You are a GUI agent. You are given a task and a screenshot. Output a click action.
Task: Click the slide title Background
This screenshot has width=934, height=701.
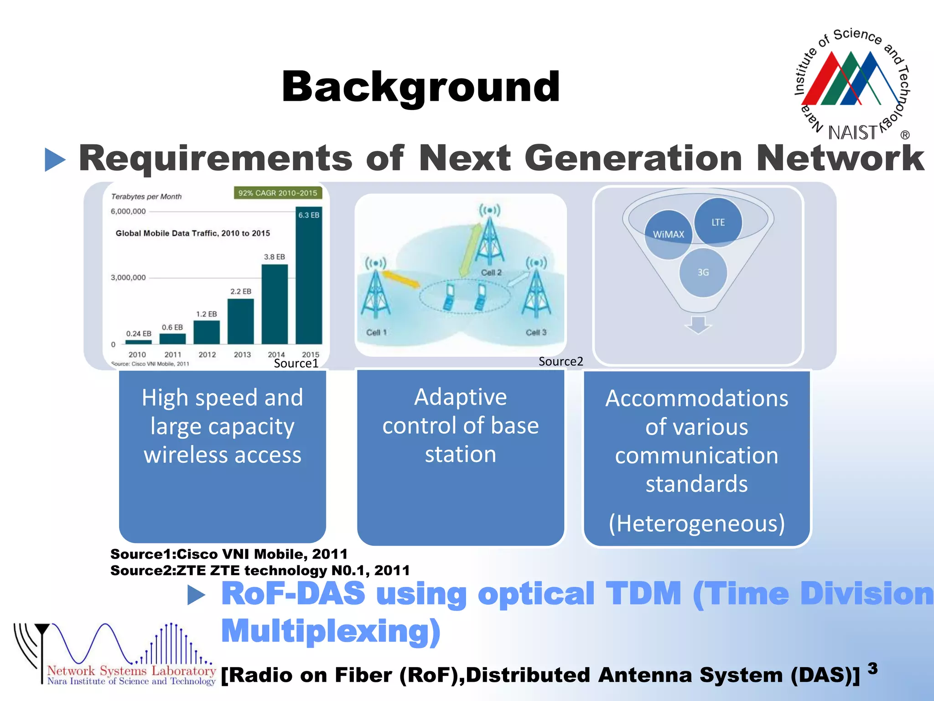tap(420, 87)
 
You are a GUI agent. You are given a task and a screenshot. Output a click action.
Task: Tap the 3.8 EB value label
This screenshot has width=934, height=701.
tap(274, 257)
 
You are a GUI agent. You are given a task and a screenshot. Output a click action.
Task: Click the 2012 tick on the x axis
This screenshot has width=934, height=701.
tap(207, 355)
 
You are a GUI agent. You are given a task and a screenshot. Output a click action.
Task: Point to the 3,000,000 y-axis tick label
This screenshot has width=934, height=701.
tap(128, 277)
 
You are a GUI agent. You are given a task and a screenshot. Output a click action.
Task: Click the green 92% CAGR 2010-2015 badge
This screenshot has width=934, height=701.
tap(278, 193)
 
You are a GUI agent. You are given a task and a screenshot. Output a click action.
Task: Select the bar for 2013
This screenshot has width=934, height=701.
tap(240, 321)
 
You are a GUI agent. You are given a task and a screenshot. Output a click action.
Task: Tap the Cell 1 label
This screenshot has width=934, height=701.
tap(376, 332)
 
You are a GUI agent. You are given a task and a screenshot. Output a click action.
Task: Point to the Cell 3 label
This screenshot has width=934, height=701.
tap(536, 332)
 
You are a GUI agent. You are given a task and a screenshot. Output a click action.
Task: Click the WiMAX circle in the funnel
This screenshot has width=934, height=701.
tap(669, 235)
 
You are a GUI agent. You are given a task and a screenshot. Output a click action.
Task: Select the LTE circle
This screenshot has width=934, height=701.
tap(718, 222)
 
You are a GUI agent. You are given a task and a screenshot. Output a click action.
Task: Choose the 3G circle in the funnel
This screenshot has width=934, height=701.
tap(703, 272)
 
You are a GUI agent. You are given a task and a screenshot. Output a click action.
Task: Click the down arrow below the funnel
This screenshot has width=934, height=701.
tap(698, 324)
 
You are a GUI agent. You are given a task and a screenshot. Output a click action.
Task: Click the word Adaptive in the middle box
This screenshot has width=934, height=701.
tap(460, 397)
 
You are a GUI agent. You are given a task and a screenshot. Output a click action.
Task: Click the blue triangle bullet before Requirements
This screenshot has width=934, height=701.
tap(55, 160)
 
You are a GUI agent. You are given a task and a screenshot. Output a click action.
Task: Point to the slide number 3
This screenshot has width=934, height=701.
tap(872, 669)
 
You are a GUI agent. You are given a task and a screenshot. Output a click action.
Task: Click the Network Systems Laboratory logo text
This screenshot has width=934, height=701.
tap(131, 671)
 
